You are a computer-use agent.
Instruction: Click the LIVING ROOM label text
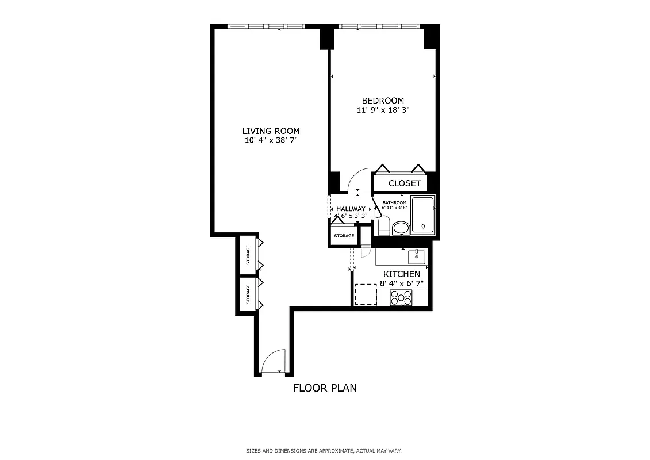[271, 131]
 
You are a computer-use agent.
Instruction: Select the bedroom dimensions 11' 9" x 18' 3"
[383, 110]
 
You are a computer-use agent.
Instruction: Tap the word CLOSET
[405, 183]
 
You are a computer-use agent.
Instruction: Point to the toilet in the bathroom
[384, 224]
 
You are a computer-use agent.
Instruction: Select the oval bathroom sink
[401, 229]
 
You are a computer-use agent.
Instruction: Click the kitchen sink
[417, 256]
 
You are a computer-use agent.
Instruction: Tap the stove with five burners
[401, 297]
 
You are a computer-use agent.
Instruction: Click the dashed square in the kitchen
[365, 294]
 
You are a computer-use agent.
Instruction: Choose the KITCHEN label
[401, 274]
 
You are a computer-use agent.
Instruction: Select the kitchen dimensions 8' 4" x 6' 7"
[401, 283]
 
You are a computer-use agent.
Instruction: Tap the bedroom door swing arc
[359, 179]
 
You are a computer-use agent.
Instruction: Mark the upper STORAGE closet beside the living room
[248, 255]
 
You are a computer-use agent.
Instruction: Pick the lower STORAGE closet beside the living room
[248, 295]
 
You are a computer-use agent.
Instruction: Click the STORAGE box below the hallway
[344, 236]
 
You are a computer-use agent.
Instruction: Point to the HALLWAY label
[351, 209]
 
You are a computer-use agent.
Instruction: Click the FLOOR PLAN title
[325, 388]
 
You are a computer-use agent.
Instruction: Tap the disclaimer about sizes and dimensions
[328, 451]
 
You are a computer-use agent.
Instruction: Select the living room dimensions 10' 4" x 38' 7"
[271, 140]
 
